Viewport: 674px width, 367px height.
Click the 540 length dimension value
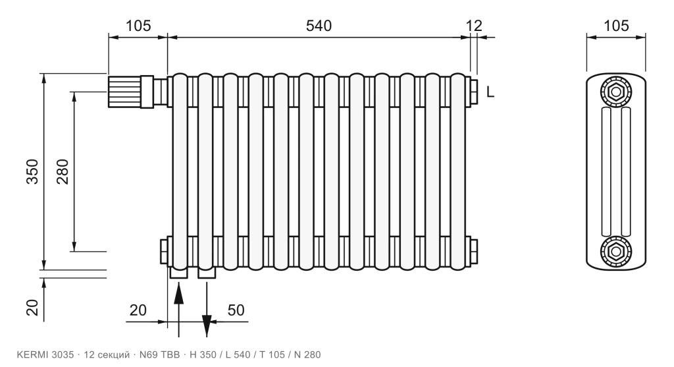[319, 26]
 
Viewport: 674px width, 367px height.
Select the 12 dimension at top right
[474, 26]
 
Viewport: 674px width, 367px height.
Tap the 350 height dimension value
[33, 172]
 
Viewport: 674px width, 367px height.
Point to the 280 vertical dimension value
[63, 172]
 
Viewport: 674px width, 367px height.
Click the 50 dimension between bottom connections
[236, 310]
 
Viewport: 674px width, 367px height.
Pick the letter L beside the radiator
[490, 92]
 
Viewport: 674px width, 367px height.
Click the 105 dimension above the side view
[616, 26]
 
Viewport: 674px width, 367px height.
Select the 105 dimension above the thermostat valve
[138, 26]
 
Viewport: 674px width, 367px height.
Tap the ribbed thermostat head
[124, 92]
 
